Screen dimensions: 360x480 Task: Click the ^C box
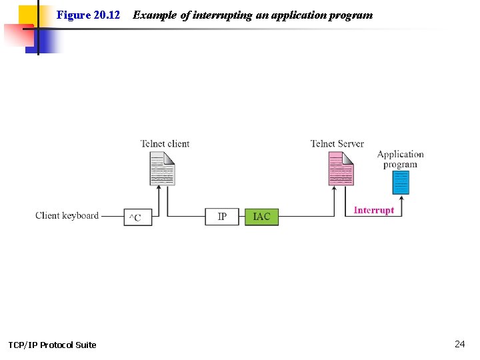tap(137, 217)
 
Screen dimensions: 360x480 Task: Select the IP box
tap(222, 217)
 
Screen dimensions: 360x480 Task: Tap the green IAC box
tap(261, 217)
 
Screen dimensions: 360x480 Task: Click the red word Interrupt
tap(373, 210)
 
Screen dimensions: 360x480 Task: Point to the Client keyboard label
tap(67, 215)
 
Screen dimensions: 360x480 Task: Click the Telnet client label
tap(165, 143)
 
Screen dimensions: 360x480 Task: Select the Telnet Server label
tap(337, 143)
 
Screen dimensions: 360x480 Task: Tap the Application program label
tap(400, 159)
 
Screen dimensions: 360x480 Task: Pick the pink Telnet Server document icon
tap(341, 169)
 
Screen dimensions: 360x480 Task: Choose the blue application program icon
tap(401, 182)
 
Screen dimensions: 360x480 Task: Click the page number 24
tap(459, 344)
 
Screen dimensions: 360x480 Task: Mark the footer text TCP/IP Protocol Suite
tap(52, 345)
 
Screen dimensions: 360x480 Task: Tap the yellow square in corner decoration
tap(27, 15)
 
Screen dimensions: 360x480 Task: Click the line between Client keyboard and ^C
tap(111, 216)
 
